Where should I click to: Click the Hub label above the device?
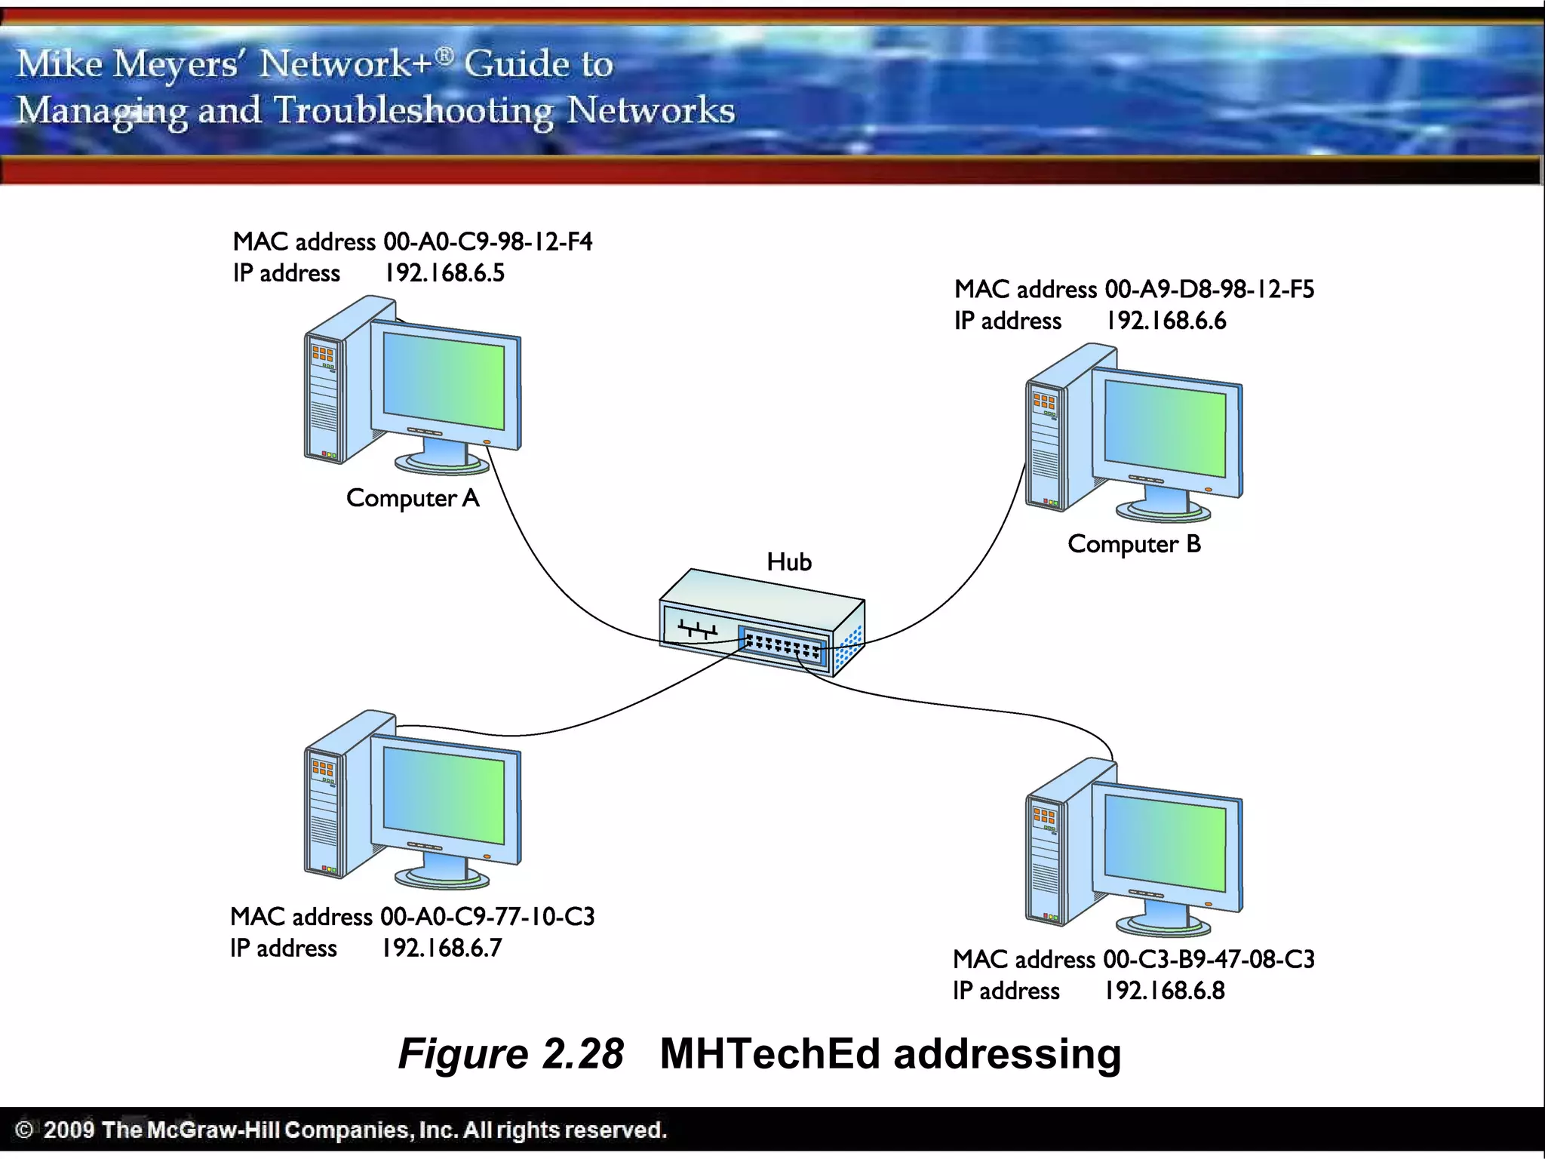(x=789, y=562)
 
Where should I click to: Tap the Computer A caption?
(x=413, y=499)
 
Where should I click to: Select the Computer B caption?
(x=1134, y=545)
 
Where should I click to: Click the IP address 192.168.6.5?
(x=444, y=273)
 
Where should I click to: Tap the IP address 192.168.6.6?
(x=1166, y=321)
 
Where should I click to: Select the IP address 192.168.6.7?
(x=441, y=948)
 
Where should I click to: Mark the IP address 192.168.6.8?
(x=1165, y=991)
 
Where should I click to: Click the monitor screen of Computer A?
(x=444, y=381)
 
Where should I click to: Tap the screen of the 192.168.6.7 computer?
(x=444, y=796)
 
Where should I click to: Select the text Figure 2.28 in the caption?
(x=511, y=1054)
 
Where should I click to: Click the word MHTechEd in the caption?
(x=769, y=1054)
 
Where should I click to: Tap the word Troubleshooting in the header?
(x=413, y=111)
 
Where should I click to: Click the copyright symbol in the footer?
(x=24, y=1130)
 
